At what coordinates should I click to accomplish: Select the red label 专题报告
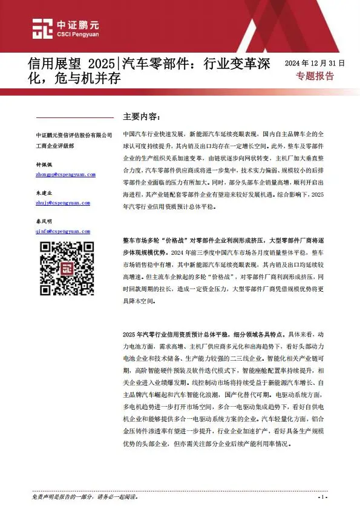(x=315, y=76)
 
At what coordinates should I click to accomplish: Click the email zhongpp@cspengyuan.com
(x=66, y=174)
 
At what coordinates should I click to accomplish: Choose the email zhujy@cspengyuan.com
(x=63, y=203)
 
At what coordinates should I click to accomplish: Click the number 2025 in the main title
(x=101, y=63)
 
